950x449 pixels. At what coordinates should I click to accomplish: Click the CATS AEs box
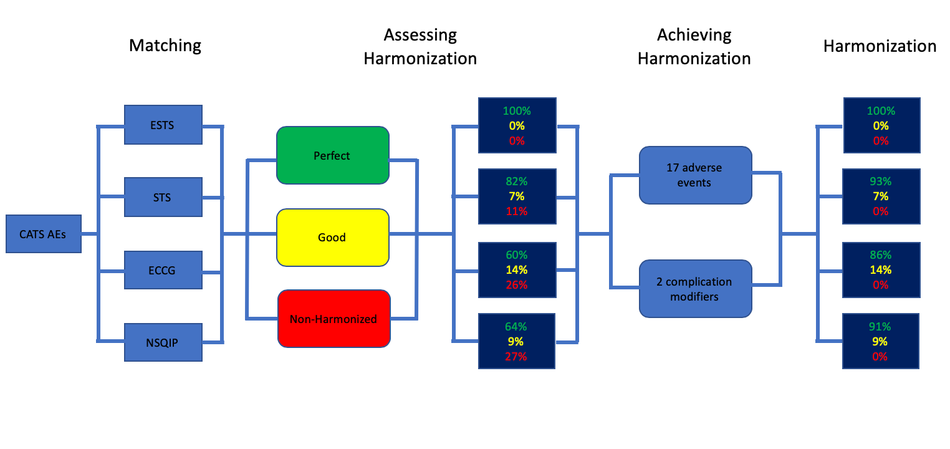pos(44,234)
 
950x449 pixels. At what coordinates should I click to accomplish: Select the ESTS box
pos(163,125)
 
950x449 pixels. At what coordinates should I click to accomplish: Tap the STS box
pos(163,197)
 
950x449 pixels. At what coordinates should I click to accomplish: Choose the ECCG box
pos(163,270)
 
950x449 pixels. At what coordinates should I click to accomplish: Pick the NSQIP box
pos(163,342)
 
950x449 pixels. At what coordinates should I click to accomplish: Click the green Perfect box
pos(333,155)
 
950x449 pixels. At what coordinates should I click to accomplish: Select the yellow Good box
pos(333,237)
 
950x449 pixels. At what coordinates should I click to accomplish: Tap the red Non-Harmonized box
pos(333,319)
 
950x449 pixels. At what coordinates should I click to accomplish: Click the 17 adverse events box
pos(696,175)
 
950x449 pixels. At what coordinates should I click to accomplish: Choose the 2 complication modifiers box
pos(696,289)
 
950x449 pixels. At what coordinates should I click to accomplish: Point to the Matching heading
pos(165,46)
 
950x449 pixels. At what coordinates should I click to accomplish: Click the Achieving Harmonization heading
pos(694,47)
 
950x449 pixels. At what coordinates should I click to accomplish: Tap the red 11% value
pos(517,211)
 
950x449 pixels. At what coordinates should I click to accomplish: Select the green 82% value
pos(517,181)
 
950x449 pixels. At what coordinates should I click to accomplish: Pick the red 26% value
pos(517,285)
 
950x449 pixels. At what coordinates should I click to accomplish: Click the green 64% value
pos(516,327)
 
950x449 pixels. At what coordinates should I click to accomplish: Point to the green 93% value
pos(880,181)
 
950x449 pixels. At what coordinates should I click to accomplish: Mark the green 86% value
pos(880,255)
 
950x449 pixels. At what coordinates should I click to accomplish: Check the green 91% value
pos(880,327)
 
